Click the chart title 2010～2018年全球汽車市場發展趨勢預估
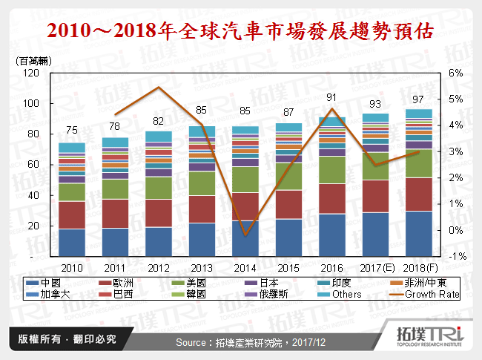coord(240,32)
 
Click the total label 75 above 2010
coord(72,129)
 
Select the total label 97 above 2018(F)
coord(419,99)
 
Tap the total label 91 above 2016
coord(332,97)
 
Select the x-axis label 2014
coord(245,268)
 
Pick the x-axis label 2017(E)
coord(374,268)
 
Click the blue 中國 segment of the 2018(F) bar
coord(419,234)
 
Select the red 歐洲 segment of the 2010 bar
coord(72,215)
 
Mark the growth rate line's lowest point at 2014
coord(245,235)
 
